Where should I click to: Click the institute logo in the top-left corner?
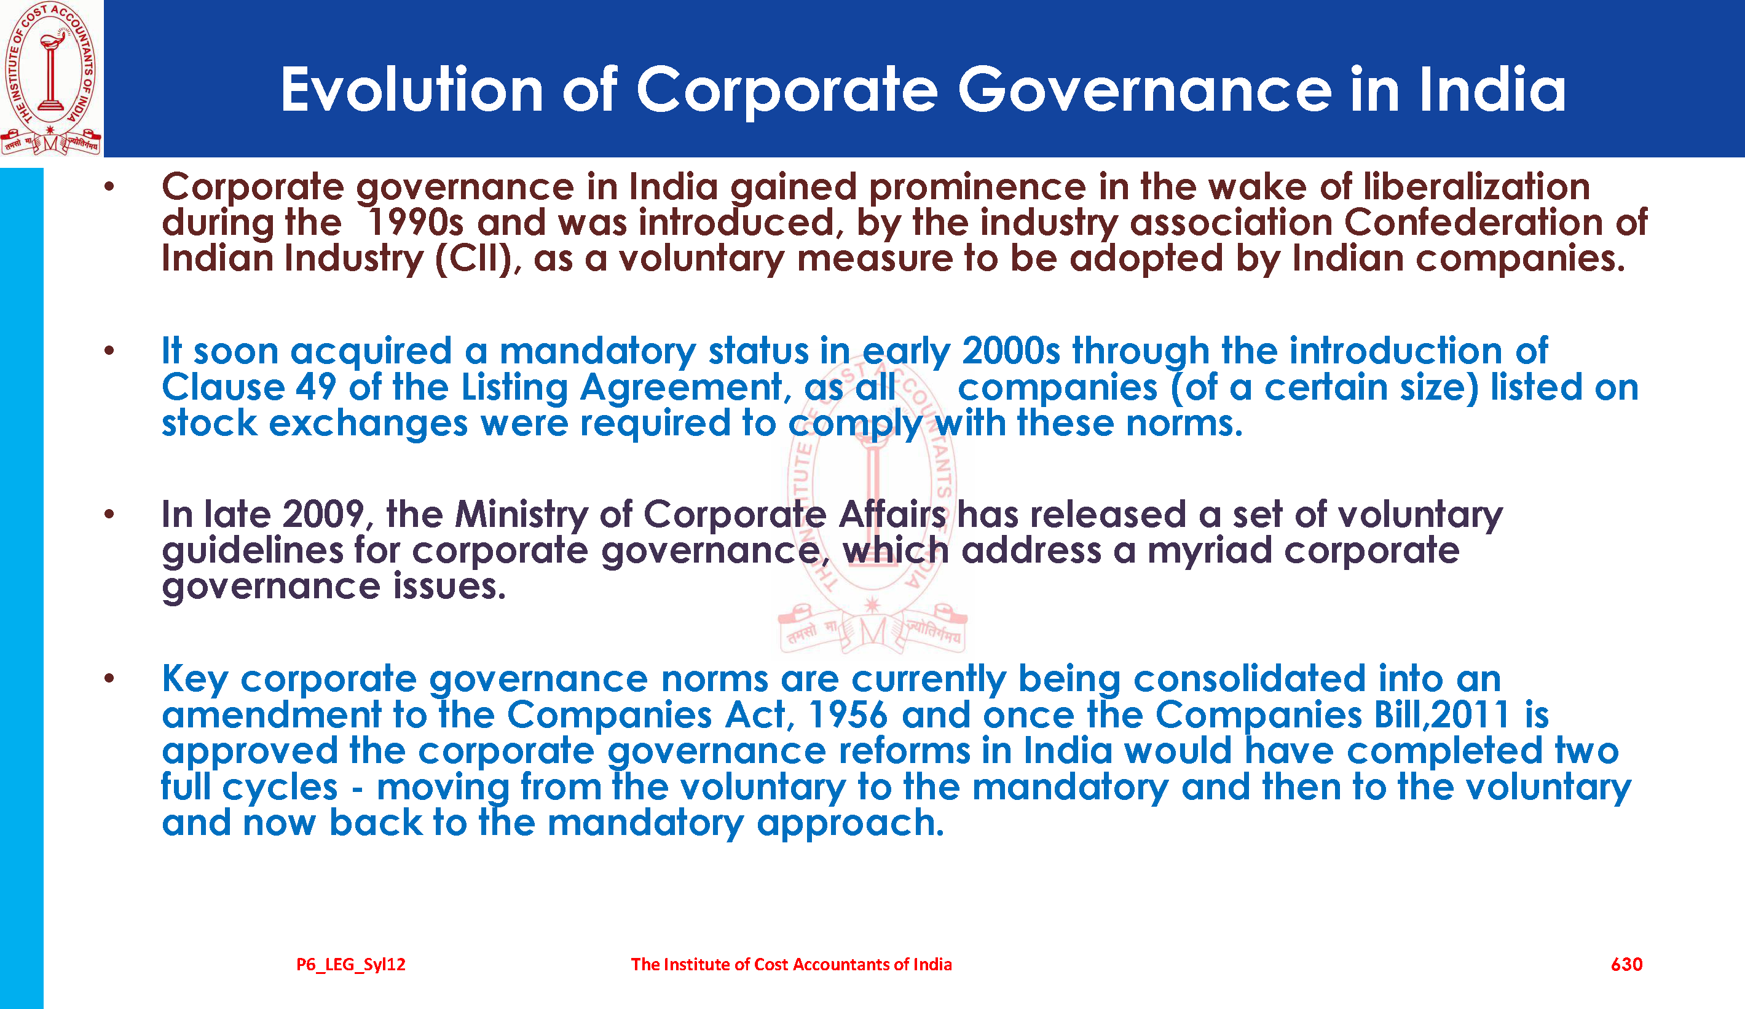pos(51,78)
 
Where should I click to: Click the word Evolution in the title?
pos(411,89)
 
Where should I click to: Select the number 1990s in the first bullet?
pos(415,223)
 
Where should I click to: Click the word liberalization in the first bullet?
pos(1476,186)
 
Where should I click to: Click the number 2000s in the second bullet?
pos(1010,350)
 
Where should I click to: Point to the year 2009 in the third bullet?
pos(324,515)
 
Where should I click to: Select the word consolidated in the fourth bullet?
pos(1249,679)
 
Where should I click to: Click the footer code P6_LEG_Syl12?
pos(350,965)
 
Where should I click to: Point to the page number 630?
pos(1626,965)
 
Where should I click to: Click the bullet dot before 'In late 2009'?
pos(109,515)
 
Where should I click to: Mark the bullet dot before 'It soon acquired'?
pos(109,350)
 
